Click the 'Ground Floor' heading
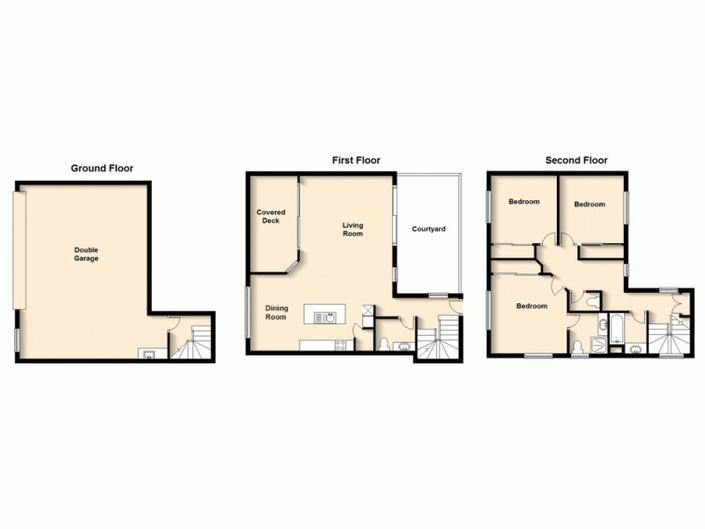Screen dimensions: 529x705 coord(102,168)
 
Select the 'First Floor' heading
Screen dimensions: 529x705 coord(356,160)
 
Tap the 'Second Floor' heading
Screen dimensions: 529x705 coord(576,160)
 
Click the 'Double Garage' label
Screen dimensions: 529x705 coord(86,254)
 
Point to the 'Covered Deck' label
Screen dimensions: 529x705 coord(271,217)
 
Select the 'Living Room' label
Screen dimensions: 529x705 coord(352,230)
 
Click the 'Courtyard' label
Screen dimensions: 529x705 coord(429,229)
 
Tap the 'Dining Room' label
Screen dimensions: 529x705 coord(276,312)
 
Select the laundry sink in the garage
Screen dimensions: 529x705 coord(147,354)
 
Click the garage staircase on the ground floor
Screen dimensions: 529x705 coord(196,344)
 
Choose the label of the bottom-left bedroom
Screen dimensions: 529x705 coord(531,306)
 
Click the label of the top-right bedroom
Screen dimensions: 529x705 coord(590,205)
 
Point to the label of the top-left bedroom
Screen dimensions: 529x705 coord(523,202)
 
